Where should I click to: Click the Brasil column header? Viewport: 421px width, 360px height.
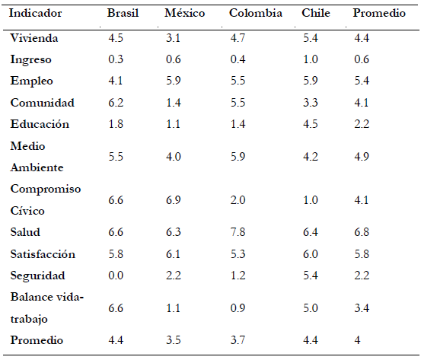tap(123, 13)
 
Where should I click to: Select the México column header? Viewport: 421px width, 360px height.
tap(185, 13)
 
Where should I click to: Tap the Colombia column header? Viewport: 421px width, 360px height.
tap(255, 13)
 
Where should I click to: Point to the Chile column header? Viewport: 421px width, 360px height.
tap(316, 13)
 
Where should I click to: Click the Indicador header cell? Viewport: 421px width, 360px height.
tap(35, 13)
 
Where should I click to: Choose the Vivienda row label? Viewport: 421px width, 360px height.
tap(34, 38)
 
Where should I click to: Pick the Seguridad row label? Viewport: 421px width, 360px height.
tap(37, 276)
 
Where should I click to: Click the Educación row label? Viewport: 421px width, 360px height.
tap(40, 124)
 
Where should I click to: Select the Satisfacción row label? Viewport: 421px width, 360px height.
tap(43, 254)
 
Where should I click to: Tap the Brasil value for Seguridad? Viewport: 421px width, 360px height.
tap(116, 276)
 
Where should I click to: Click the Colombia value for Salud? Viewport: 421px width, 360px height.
tap(238, 232)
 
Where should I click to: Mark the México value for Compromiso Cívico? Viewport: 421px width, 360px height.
tap(173, 200)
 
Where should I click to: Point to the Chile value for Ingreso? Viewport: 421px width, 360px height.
tap(311, 59)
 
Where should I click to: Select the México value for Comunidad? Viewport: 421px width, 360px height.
tap(173, 103)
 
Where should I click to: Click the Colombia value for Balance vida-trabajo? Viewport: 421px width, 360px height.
tap(238, 308)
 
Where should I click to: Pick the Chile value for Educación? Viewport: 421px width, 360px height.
tap(311, 124)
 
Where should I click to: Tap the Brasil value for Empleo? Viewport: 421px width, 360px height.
tap(116, 81)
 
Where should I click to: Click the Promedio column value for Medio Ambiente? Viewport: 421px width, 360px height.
tap(362, 157)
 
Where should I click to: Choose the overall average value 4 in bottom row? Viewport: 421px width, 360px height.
tap(357, 340)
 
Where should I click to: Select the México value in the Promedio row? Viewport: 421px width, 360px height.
tap(173, 340)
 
